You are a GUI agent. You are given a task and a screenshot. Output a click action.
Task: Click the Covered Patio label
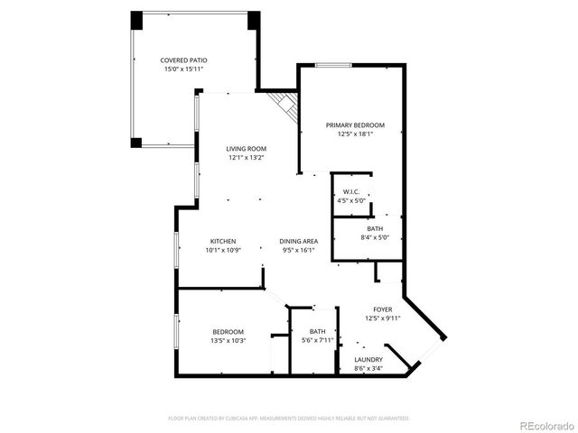coord(184,60)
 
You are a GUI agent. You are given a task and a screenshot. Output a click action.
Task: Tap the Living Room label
coord(246,149)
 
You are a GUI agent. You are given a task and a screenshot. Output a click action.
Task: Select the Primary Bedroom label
coord(355,125)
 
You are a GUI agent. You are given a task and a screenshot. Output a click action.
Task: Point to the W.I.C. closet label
coord(351,192)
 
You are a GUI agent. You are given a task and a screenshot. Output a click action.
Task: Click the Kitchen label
coord(223,241)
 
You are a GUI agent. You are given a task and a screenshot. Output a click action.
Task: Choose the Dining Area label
coord(298,241)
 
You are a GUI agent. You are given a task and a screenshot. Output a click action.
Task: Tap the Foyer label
coord(383,309)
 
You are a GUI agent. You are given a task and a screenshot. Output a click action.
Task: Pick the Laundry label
coord(368,359)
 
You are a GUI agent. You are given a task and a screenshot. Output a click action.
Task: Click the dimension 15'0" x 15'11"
coord(184,69)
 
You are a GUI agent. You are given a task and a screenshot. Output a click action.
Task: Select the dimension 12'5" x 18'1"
coord(355,134)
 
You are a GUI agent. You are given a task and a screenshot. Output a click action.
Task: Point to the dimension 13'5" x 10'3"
coord(228,340)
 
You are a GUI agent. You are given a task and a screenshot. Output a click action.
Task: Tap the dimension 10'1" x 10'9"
coord(223,250)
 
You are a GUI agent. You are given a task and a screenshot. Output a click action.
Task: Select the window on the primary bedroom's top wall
coord(333,65)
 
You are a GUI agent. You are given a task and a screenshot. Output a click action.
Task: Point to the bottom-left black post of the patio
coord(136,142)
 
